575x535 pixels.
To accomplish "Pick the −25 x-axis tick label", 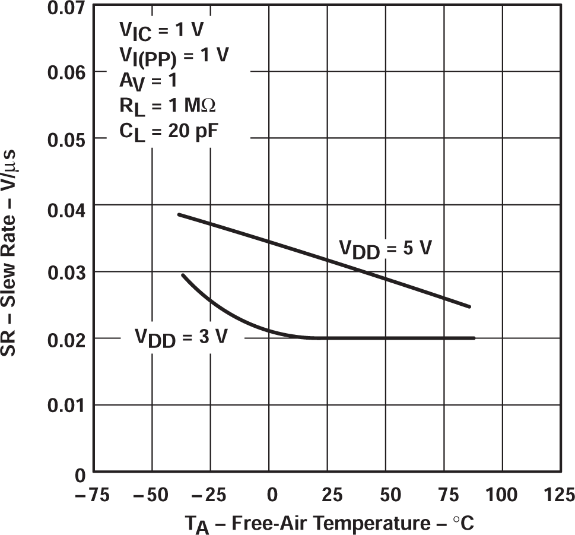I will (x=210, y=494).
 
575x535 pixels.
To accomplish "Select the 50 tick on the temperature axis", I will (x=385, y=494).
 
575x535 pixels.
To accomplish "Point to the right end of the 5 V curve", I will (x=470, y=306).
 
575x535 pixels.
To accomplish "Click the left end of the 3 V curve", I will (x=183, y=275).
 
